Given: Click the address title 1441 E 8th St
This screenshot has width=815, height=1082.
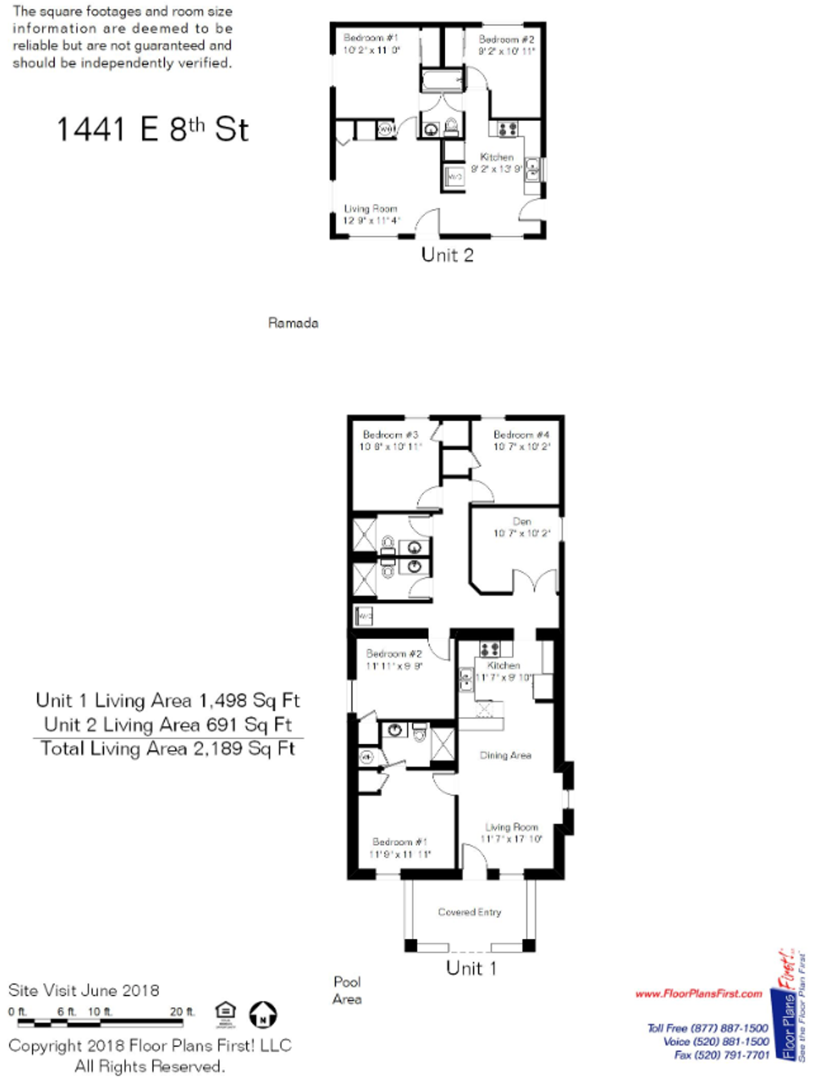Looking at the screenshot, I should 152,129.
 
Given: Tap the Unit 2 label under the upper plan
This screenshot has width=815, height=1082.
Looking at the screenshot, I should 447,255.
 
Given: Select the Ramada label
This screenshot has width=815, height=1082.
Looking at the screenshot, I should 293,323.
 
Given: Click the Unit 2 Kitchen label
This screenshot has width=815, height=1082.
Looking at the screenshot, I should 497,157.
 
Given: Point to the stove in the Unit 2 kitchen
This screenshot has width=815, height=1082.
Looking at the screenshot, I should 507,129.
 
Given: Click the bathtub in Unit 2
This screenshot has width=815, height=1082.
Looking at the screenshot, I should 442,80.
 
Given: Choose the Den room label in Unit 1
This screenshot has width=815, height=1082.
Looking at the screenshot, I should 521,521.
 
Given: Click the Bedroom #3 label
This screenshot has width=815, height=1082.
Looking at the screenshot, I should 391,435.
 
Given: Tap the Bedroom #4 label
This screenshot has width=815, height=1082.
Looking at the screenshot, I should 521,435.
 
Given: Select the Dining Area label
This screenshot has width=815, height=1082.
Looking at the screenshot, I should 506,755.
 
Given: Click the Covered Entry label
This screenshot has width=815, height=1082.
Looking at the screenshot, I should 469,912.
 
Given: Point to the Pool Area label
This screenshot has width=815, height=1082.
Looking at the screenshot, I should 347,990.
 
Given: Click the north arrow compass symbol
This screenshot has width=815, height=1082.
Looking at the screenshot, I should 263,1014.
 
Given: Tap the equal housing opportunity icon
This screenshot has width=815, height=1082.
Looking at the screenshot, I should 225,1014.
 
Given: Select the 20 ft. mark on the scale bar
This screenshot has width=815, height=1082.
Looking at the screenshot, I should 182,1012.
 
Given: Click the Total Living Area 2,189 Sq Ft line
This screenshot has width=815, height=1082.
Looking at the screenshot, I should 167,748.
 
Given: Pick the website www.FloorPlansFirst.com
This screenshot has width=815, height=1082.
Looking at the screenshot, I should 698,994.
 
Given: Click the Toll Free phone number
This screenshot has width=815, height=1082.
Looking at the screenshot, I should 707,1028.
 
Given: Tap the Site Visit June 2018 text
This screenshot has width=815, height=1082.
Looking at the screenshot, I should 83,990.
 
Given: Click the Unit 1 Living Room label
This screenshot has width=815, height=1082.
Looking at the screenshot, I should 511,827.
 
